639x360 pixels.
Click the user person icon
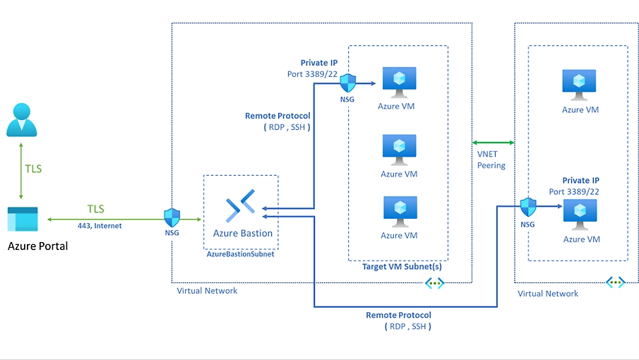click(x=21, y=119)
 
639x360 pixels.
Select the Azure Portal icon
click(x=23, y=220)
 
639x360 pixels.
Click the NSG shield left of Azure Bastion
click(x=172, y=217)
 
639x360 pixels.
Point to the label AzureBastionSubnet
click(x=240, y=254)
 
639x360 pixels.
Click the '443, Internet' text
click(x=100, y=226)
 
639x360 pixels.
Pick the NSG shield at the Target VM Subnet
click(x=347, y=83)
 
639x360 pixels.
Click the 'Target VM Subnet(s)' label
click(x=398, y=267)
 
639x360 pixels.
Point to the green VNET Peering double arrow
click(x=493, y=144)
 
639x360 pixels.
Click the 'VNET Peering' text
click(x=491, y=160)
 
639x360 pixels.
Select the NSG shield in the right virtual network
click(x=528, y=206)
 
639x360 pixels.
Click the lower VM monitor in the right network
click(x=579, y=214)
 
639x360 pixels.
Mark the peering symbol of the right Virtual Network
click(x=615, y=282)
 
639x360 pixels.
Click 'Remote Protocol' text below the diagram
click(x=398, y=315)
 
